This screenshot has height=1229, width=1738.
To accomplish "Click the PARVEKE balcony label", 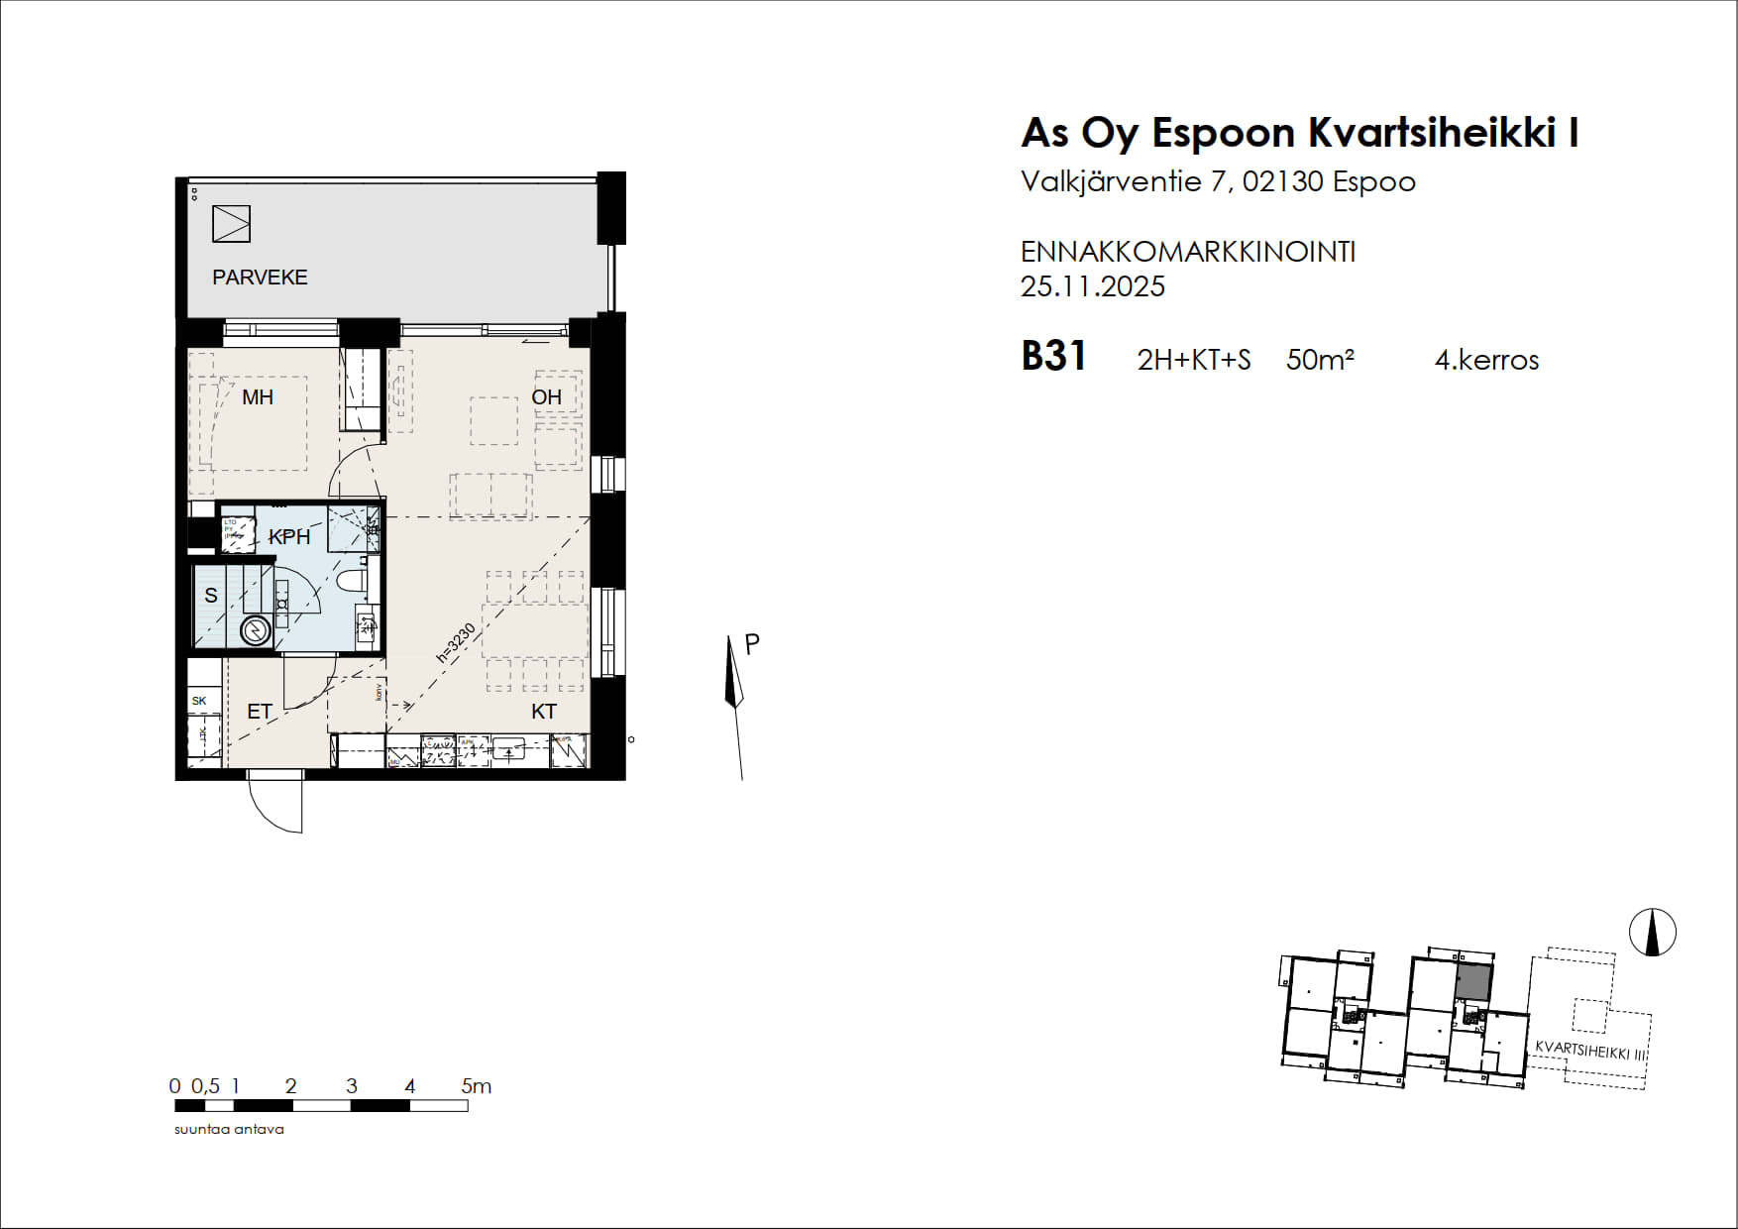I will (260, 278).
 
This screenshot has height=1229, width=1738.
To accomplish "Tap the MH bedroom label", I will (258, 397).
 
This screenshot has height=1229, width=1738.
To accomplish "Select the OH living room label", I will (546, 397).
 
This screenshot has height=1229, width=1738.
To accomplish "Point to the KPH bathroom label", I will (289, 537).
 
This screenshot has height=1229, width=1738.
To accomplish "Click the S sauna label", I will (211, 596).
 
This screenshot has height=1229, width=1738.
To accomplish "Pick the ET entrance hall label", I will (260, 712).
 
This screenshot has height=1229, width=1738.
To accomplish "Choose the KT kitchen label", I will (544, 712).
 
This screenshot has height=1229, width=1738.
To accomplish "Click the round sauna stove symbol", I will (256, 631).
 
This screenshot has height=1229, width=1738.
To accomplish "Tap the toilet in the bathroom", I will (352, 580).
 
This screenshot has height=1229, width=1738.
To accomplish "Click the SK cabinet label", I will (199, 701).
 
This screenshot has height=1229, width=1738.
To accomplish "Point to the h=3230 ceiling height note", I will (457, 643).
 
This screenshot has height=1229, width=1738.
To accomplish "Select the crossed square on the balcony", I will (231, 224).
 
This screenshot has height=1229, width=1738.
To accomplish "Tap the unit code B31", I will (1053, 357).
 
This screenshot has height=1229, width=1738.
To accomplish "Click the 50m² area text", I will (1319, 360).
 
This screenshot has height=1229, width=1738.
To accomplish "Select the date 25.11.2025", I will (1092, 287).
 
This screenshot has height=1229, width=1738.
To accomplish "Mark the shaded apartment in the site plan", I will (1473, 981).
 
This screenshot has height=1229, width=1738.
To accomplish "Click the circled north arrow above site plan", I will (1653, 933).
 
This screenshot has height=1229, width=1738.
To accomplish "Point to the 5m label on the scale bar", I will (476, 1086).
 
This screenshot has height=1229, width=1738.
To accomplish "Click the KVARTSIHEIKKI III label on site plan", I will (1590, 1051).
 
